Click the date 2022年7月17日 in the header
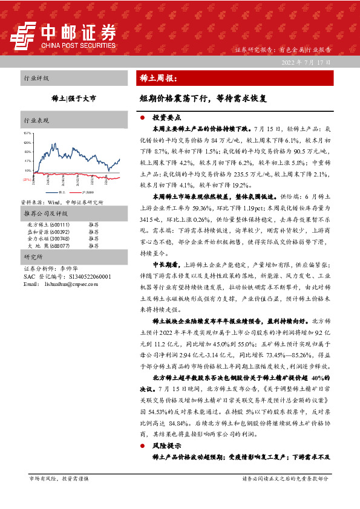click(x=307, y=62)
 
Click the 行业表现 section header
click(x=36, y=120)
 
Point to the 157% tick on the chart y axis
click(x=27, y=132)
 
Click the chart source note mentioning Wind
click(x=64, y=203)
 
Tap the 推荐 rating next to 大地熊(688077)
click(x=93, y=246)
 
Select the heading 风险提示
click(x=163, y=444)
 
